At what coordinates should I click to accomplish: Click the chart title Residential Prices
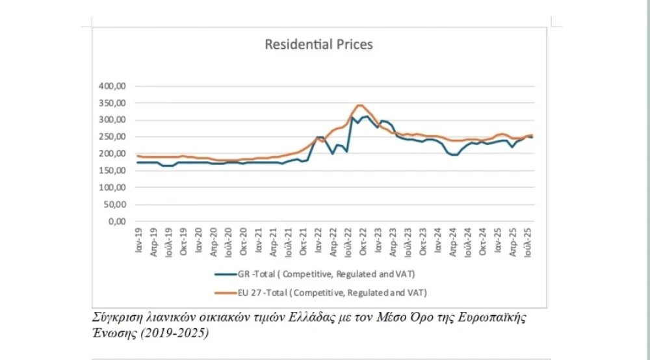(x=318, y=45)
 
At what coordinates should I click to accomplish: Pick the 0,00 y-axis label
(x=118, y=221)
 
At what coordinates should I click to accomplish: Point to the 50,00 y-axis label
(x=115, y=204)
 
